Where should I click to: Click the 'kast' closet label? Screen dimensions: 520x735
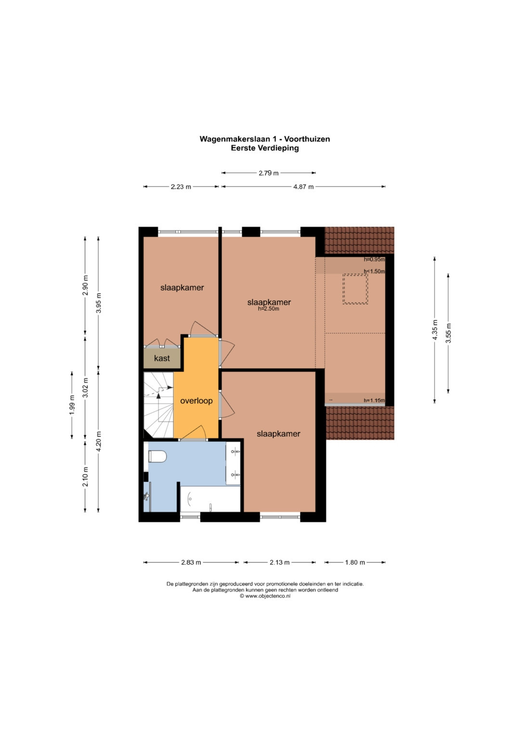(162, 358)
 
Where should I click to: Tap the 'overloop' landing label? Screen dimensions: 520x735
(196, 400)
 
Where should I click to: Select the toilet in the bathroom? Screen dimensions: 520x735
(157, 456)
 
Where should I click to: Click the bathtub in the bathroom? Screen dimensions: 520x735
(210, 499)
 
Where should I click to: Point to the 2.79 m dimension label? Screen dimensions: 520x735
(269, 173)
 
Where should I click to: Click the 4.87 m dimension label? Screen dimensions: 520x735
(303, 187)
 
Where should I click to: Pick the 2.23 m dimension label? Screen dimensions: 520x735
(181, 187)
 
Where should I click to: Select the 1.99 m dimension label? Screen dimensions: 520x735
(72, 405)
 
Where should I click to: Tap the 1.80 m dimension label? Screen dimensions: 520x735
(355, 562)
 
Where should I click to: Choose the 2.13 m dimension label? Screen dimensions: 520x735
(280, 562)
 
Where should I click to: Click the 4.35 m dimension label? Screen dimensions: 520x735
(435, 330)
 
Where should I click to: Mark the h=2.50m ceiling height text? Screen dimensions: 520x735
(269, 309)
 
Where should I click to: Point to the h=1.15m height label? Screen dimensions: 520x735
(374, 400)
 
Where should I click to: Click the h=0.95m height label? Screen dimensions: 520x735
(374, 259)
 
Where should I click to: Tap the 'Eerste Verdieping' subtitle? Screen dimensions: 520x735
(265, 148)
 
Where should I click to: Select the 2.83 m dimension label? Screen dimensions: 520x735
(191, 562)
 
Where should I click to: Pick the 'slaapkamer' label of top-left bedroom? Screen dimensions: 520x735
(182, 288)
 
